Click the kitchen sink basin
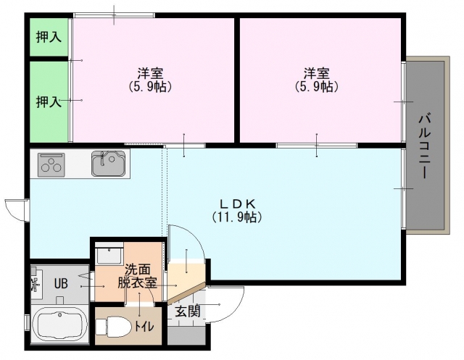point(108,164)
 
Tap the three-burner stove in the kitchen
point(51,164)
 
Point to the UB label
point(61,284)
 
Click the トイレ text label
point(144,327)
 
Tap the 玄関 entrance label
point(188,311)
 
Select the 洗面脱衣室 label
point(138,276)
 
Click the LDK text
point(237,204)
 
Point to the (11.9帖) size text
point(237,217)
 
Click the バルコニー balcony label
point(425,146)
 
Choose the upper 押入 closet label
point(49,37)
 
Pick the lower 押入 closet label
point(49,102)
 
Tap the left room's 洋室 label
point(150,72)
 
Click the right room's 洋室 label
point(317,72)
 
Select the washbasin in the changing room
point(109,254)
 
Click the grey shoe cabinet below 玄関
point(186,335)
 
